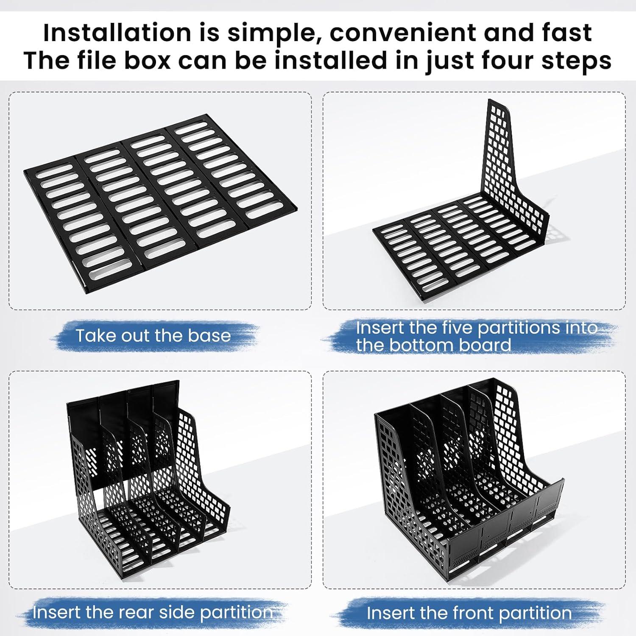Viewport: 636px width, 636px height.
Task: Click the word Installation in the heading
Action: point(117,33)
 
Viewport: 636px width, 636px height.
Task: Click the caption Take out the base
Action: point(153,335)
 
